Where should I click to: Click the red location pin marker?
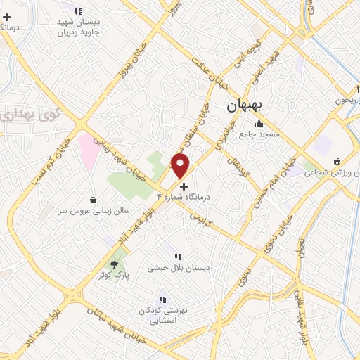tap(181, 166)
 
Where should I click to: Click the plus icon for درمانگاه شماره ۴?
tap(184, 187)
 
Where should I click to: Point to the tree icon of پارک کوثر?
tap(114, 264)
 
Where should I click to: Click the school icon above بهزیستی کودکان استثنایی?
tap(164, 300)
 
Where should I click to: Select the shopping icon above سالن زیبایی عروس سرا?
tap(94, 199)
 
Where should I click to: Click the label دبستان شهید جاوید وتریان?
tap(79, 27)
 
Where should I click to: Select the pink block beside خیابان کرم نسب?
tap(89, 149)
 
